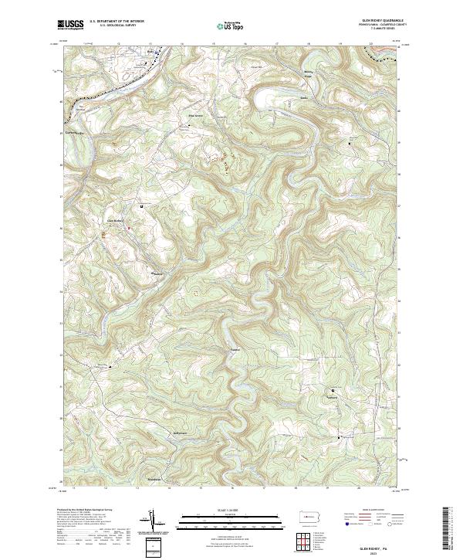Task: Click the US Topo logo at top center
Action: point(232,25)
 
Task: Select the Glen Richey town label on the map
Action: point(114,219)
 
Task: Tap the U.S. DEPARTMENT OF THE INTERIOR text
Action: point(116,22)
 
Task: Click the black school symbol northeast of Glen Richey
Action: point(142,206)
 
